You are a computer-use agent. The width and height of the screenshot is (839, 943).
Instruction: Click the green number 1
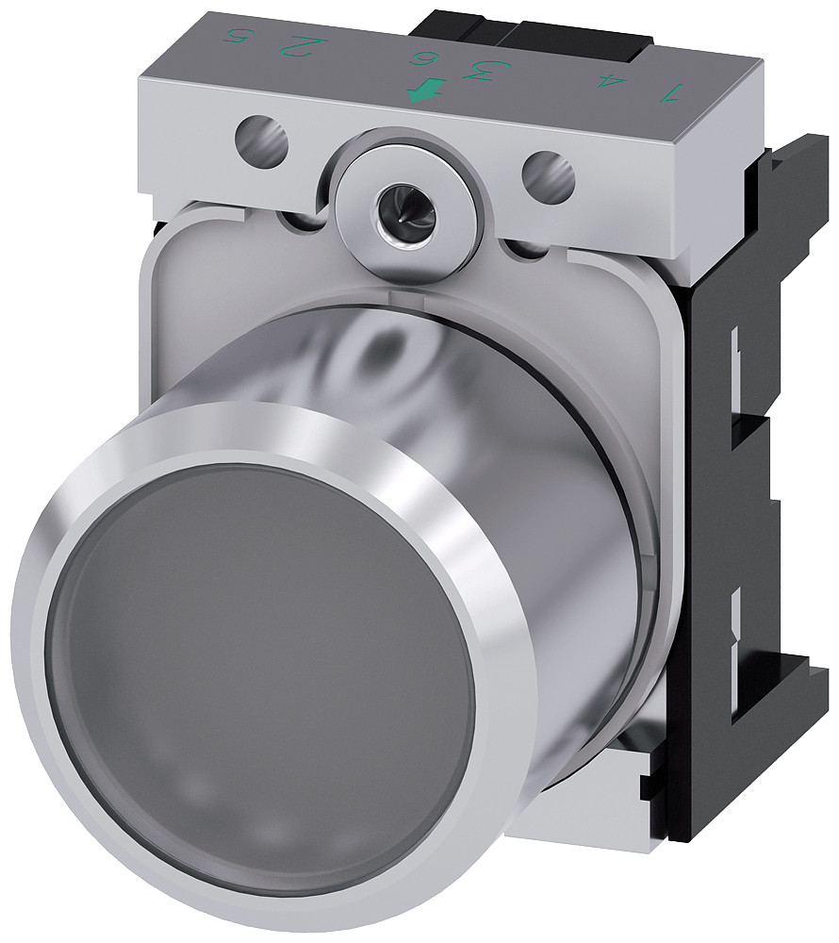[670, 91]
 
